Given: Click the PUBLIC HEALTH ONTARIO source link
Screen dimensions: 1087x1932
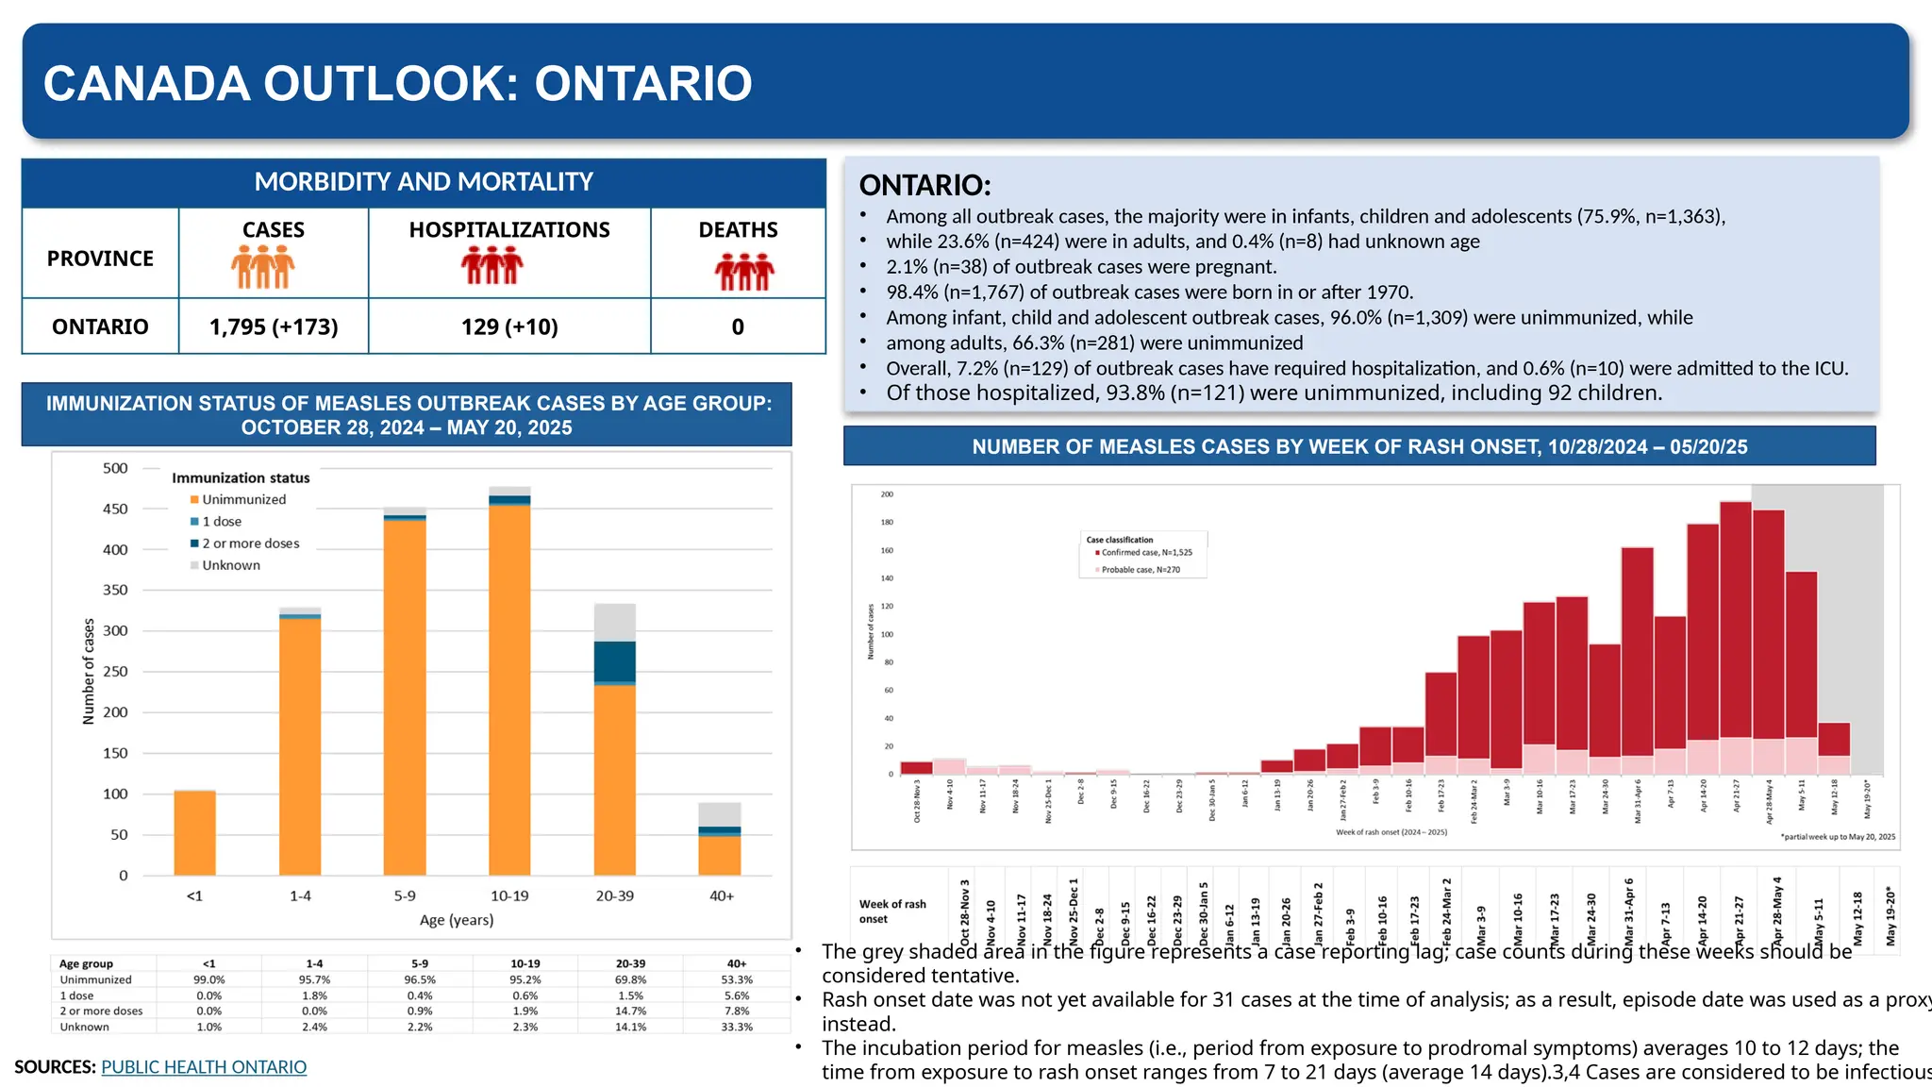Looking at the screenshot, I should (x=204, y=1067).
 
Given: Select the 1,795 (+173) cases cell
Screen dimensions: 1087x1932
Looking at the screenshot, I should (x=274, y=326).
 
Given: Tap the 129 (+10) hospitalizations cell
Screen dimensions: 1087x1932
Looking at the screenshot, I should (x=509, y=326).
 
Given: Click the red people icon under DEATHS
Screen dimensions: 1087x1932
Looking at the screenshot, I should (x=744, y=271).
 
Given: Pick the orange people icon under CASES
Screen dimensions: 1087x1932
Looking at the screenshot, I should (x=263, y=267).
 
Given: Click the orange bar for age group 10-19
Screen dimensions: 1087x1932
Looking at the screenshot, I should (x=509, y=689).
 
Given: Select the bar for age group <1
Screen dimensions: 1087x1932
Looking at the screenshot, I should (x=195, y=832).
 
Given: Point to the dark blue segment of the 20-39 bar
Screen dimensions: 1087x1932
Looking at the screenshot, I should (x=614, y=661).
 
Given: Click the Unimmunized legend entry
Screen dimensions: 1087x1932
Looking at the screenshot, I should (x=242, y=499).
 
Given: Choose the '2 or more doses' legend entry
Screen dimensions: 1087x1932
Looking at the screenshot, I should (x=249, y=543).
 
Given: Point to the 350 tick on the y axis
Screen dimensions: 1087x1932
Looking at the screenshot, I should (x=115, y=590).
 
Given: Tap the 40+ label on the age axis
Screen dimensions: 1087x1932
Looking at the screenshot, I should (x=721, y=895).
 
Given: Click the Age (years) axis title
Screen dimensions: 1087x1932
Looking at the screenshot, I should (x=457, y=920).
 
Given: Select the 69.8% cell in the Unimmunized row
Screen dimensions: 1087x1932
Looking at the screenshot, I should (x=630, y=979).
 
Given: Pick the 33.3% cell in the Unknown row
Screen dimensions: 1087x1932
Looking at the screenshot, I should (x=737, y=1027).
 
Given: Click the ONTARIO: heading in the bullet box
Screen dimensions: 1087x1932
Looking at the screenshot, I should (x=924, y=185).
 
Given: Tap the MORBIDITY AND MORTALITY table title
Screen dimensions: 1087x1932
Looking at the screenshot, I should (x=424, y=182).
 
